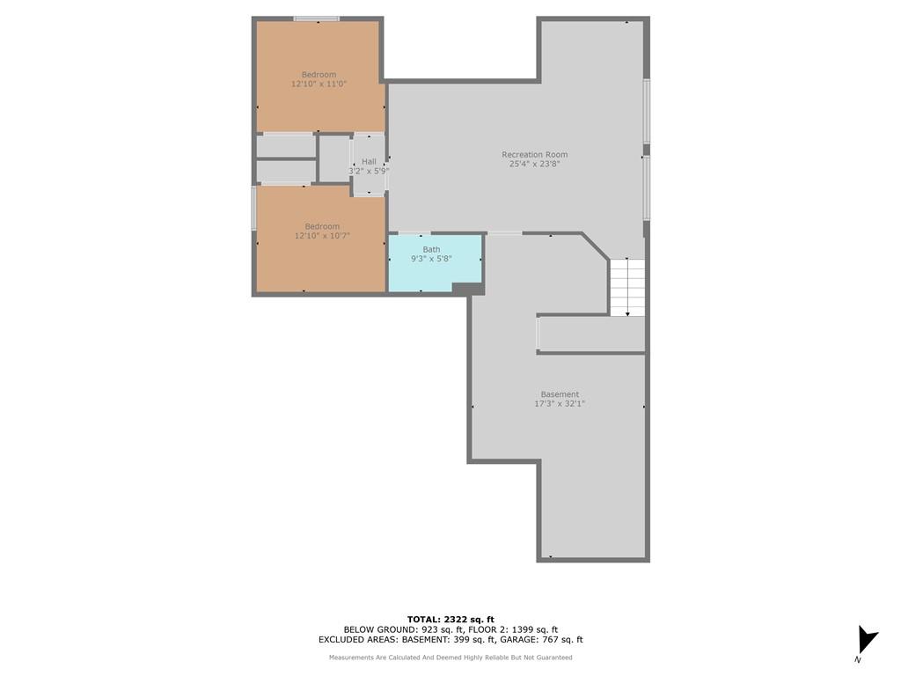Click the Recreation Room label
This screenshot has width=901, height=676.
(534, 154)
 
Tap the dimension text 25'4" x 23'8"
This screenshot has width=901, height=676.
(534, 164)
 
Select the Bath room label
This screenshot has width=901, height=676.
(431, 249)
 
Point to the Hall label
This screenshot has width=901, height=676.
(369, 162)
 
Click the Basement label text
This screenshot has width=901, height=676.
(560, 394)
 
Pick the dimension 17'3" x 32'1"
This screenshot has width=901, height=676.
(560, 403)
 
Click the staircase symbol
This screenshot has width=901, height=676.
(627, 288)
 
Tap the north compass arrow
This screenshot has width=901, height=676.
(867, 641)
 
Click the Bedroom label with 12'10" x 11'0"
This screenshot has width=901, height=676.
(319, 75)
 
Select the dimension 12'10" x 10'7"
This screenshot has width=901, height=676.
(322, 236)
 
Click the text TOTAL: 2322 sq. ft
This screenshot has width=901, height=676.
(450, 619)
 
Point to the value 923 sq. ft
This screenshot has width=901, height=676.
(442, 629)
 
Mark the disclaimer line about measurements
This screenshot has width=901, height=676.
(450, 657)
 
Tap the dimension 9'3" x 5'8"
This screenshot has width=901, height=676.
(431, 259)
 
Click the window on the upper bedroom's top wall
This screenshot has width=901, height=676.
(317, 19)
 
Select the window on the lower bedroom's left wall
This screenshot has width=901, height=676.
(254, 208)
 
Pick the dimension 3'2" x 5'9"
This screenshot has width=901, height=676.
(369, 171)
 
